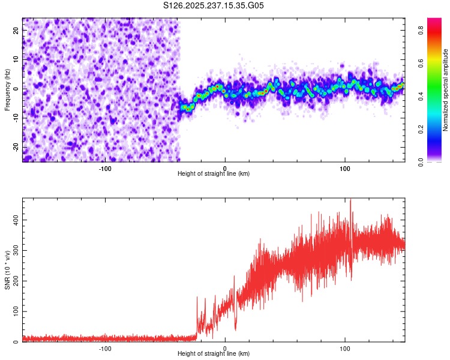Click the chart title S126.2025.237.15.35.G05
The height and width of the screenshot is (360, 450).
point(214,5)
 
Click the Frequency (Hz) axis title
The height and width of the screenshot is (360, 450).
point(7,89)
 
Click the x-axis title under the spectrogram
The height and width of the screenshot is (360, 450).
point(214,173)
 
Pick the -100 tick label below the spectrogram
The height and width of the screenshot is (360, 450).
point(105,167)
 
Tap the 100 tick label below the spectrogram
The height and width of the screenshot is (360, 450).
point(345,167)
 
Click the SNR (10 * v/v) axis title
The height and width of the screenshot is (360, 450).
point(7,270)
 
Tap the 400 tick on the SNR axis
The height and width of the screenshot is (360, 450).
point(14,220)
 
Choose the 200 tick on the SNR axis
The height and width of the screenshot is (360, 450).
point(14,281)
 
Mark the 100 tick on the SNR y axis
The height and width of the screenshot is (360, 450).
point(14,311)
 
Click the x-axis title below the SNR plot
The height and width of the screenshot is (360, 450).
point(214,353)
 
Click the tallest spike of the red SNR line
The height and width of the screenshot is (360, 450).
point(351,200)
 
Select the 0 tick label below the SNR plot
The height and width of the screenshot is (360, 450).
point(225,347)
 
